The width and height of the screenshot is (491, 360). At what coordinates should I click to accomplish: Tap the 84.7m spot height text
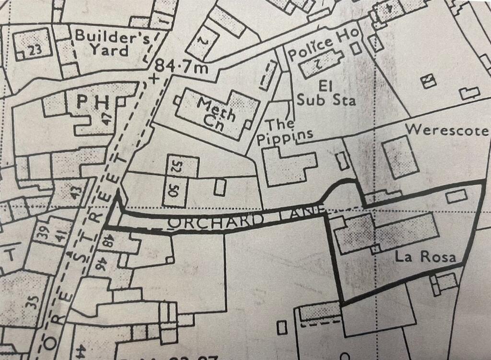click(183, 67)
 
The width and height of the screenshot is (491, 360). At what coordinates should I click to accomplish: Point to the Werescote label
click(446, 130)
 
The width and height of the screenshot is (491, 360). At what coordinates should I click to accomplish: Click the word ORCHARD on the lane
click(216, 222)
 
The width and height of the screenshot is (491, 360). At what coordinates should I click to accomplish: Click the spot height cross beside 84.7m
click(154, 78)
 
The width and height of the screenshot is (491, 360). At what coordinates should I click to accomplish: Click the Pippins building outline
click(288, 166)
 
